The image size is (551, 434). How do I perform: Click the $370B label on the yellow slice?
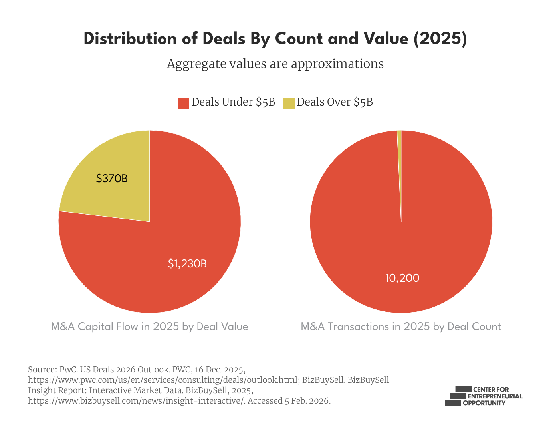click(x=112, y=179)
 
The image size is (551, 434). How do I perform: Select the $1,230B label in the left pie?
click(x=187, y=264)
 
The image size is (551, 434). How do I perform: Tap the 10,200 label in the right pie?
click(x=402, y=278)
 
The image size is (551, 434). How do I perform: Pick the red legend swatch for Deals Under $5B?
click(x=183, y=103)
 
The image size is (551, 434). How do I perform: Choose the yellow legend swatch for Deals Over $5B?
click(x=289, y=103)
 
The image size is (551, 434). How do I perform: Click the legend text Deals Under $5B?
click(x=233, y=102)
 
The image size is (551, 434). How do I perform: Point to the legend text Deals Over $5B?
click(x=335, y=102)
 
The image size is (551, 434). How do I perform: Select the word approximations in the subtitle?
click(x=337, y=64)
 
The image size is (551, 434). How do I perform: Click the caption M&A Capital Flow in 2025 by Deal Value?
click(x=149, y=327)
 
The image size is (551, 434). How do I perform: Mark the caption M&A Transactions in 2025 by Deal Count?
click(x=401, y=327)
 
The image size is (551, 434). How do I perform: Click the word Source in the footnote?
click(x=42, y=369)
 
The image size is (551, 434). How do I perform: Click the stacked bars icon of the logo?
click(x=455, y=396)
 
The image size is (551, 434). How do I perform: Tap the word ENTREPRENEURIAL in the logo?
click(x=495, y=396)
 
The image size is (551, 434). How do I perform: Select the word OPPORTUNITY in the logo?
click(x=484, y=403)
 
